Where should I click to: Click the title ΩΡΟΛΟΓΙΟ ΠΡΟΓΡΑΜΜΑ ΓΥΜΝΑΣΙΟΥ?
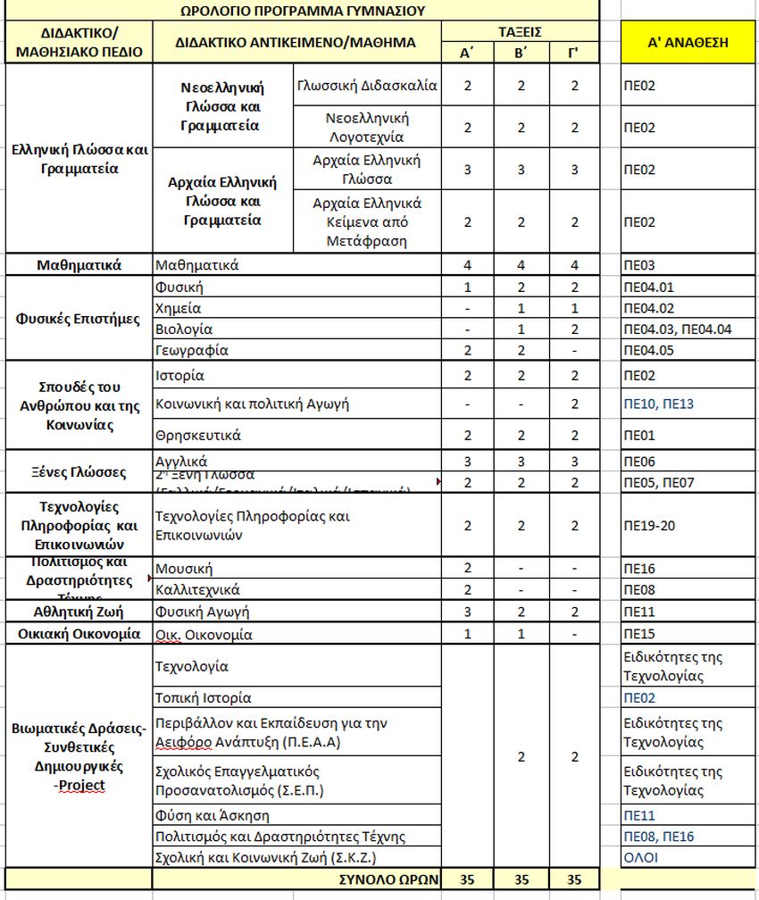point(301,11)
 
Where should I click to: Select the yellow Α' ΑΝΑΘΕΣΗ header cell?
point(688,42)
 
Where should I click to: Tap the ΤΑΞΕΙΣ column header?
point(521,32)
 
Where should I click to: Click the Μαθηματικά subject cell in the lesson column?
point(197,265)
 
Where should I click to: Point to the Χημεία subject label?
point(179,308)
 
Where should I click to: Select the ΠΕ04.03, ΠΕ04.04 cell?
point(678,329)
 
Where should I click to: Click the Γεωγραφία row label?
point(191,350)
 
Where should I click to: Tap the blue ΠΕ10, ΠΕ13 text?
point(658,404)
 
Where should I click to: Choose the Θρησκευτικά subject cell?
point(198,436)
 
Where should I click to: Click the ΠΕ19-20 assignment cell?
point(649,525)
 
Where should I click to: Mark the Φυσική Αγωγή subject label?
point(202,612)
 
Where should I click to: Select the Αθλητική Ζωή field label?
point(79,612)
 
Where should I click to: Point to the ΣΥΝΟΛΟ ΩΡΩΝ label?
point(391,879)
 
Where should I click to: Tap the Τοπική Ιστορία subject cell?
point(204,698)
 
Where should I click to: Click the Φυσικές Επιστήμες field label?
point(79,319)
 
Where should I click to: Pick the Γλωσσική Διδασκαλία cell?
point(367,86)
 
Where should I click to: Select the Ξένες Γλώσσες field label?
point(79,471)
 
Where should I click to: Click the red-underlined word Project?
point(82,785)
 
